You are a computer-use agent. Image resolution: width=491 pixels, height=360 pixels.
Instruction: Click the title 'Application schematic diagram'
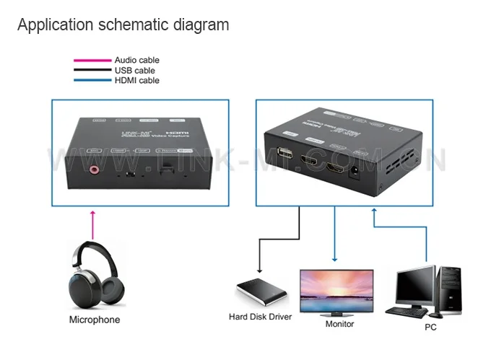[123, 25]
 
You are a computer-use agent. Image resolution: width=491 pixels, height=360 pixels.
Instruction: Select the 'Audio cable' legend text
[136, 60]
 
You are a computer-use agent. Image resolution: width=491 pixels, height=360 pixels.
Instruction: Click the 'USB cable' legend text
[134, 71]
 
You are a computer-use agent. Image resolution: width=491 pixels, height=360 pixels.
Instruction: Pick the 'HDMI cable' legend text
[136, 81]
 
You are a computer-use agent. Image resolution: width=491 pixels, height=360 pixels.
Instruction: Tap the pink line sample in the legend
[92, 61]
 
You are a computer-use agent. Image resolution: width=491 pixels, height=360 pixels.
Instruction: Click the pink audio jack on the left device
[93, 170]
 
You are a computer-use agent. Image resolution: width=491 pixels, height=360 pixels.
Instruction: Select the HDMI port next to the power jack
[335, 169]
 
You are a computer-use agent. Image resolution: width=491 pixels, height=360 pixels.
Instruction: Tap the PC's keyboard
[406, 312]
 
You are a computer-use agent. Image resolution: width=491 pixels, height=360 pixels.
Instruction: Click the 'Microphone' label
[94, 320]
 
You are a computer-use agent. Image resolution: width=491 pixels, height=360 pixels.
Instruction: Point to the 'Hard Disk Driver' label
[260, 316]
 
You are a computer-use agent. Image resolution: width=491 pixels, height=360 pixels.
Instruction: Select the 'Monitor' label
[339, 324]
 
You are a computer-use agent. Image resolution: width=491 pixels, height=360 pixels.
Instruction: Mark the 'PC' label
[430, 326]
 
